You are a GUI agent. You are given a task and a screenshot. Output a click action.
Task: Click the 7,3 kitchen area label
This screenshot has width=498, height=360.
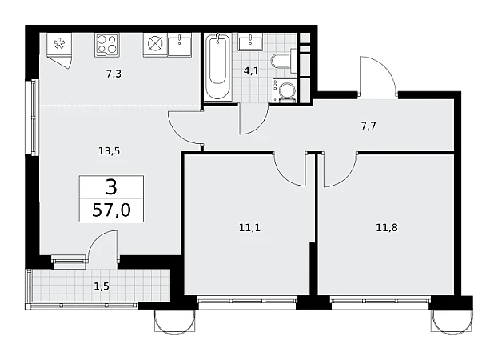[114, 74]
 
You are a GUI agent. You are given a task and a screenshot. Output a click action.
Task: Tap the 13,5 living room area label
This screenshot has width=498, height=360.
[109, 151]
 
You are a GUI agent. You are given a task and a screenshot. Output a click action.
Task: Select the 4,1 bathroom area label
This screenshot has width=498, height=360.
[251, 71]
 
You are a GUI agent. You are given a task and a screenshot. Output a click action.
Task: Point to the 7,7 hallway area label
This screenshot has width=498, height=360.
[369, 126]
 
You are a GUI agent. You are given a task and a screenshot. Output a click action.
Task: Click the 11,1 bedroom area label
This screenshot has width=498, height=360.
[249, 227]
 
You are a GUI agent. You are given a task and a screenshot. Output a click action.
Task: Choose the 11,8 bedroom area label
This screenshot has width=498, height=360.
[387, 227]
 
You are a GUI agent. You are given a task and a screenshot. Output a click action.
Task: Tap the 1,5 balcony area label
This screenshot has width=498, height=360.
[102, 286]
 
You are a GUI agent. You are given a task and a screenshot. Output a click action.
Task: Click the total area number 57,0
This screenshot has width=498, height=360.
[111, 210]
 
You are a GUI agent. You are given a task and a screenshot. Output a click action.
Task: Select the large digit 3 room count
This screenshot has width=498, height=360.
[111, 187]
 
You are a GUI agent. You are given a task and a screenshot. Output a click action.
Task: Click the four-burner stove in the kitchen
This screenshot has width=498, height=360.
[107, 45]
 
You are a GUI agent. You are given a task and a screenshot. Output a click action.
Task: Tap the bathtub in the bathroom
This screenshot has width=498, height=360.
[218, 66]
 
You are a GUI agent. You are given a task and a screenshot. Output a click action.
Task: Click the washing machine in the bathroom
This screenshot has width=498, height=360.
[285, 91]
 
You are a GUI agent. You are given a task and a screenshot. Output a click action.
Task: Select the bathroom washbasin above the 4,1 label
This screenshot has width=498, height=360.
[250, 42]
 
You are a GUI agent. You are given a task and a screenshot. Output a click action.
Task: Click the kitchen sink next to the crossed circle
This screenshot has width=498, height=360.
[180, 45]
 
